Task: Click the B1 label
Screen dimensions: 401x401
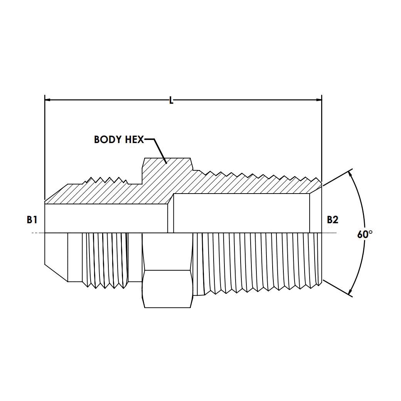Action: (32, 220)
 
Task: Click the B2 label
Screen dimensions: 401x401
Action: (332, 220)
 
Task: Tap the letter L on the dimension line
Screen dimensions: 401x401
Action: (171, 100)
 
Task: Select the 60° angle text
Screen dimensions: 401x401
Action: (365, 234)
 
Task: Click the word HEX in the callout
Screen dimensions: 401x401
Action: (134, 140)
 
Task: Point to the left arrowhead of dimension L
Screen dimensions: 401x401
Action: (47, 100)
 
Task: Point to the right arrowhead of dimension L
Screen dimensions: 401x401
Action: (319, 100)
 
